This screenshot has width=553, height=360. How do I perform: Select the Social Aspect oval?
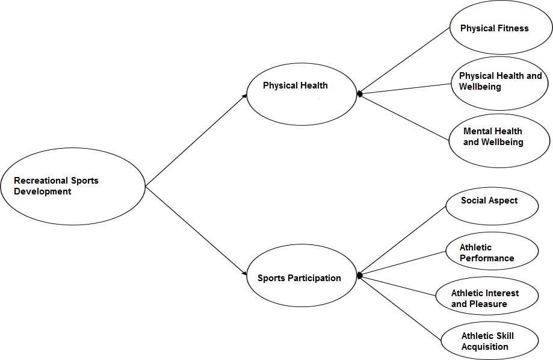pos(491,208)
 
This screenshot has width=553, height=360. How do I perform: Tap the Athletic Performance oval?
pos(491,252)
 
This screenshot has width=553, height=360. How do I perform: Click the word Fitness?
pos(513,28)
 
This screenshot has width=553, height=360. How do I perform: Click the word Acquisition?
pos(485,347)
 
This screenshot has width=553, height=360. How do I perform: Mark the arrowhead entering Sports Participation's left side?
pos(245,275)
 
